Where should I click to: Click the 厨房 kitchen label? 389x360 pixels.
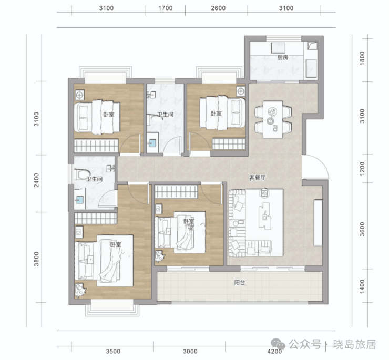[283, 58]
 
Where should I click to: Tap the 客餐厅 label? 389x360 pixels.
[257, 178]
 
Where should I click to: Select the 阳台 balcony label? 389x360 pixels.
[240, 283]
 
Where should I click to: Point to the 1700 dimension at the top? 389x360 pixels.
[166, 8]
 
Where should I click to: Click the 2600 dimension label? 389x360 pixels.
[218, 8]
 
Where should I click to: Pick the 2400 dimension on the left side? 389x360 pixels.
[36, 180]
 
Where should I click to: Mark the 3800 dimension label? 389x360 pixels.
[36, 259]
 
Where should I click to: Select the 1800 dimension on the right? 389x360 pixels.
[362, 58]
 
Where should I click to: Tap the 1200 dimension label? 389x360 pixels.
[362, 169]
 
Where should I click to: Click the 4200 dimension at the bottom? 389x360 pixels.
[274, 351]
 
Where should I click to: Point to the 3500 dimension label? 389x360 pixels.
[113, 351]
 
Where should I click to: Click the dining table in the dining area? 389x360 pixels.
[273, 119]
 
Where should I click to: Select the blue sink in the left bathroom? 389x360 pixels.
[79, 199]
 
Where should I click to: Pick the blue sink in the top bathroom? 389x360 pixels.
[152, 142]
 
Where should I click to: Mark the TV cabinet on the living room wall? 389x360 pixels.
[318, 223]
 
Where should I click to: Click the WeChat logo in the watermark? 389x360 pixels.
[278, 344]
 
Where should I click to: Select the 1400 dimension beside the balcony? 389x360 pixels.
[362, 286]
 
